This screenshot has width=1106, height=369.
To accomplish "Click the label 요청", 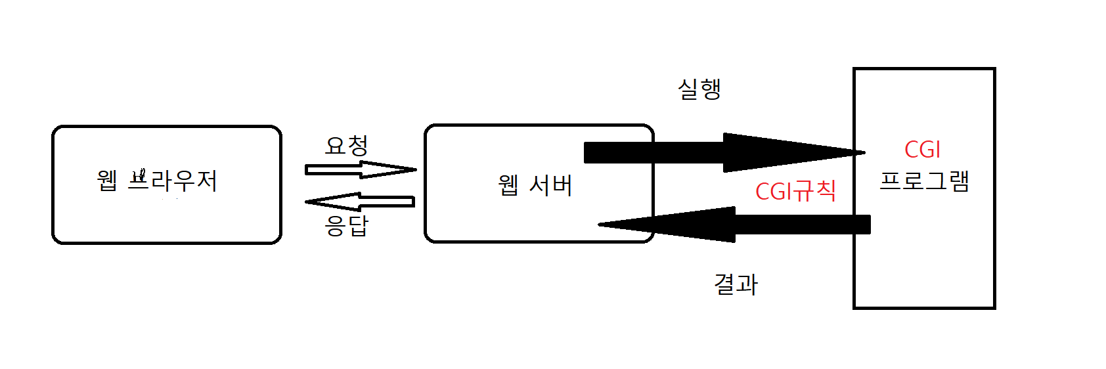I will pos(346,146).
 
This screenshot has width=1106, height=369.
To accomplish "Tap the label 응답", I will pos(346,225).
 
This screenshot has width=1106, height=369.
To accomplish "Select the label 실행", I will pos(699,89).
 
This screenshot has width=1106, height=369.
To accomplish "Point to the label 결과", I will pos(736,284).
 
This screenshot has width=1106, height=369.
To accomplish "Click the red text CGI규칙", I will pos(795,192).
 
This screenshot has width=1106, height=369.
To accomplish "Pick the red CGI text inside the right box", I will pos(922,150).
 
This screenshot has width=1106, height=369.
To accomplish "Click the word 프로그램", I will pos(924,181).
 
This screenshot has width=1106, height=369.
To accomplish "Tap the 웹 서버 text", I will pos(535,186).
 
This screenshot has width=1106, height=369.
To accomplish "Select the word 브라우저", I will pos(172,181).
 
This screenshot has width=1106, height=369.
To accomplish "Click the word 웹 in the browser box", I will pos(107,181).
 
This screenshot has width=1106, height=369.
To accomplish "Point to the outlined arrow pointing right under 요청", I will pos(360,170).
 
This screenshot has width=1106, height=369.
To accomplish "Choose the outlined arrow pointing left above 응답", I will pos(360,202).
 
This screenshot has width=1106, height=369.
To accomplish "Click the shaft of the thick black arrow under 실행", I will pos(653,152).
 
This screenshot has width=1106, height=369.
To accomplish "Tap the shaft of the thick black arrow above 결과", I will pos(801,225).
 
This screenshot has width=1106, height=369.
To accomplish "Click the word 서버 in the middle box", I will pos(550,186).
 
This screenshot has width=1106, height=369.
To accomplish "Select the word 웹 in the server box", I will pos(508,186).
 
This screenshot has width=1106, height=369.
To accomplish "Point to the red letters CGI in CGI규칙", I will pos(774,192).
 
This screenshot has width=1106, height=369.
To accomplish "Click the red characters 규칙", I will pos(815,192).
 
